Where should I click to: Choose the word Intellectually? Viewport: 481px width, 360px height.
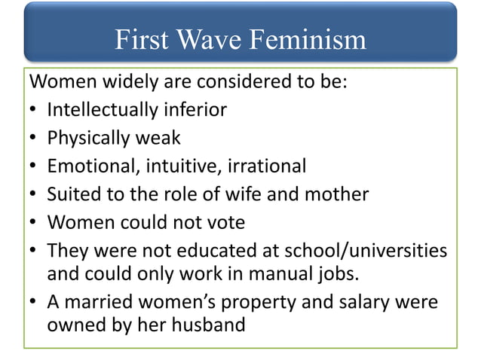coord(101,110)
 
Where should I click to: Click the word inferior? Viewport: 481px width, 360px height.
coord(194,110)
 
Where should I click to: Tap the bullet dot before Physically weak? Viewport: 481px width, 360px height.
coord(34,139)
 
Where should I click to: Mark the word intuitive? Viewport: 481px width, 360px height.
coord(185,166)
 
